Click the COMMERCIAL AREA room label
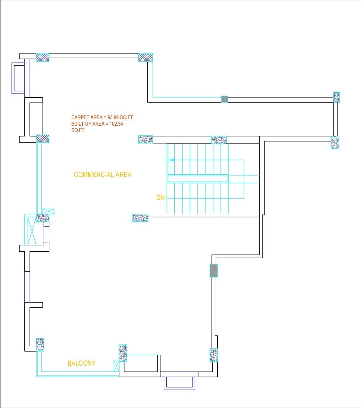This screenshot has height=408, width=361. [103, 175]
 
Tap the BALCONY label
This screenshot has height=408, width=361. [82, 363]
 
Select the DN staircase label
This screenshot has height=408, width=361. [160, 198]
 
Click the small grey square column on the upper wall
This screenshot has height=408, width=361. [225, 99]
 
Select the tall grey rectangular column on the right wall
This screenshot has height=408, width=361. [214, 270]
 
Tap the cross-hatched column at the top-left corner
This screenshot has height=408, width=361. [43, 57]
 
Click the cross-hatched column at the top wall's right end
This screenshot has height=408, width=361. [146, 57]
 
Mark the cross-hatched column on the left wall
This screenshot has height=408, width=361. [43, 139]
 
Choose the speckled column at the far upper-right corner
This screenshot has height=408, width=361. [336, 97]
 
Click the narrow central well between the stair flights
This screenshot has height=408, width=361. [197, 179]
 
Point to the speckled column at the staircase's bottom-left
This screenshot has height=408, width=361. [140, 217]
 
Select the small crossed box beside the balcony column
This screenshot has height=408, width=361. [116, 365]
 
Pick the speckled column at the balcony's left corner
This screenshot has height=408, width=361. [40, 345]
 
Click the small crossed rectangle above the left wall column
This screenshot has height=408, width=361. [48, 211]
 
